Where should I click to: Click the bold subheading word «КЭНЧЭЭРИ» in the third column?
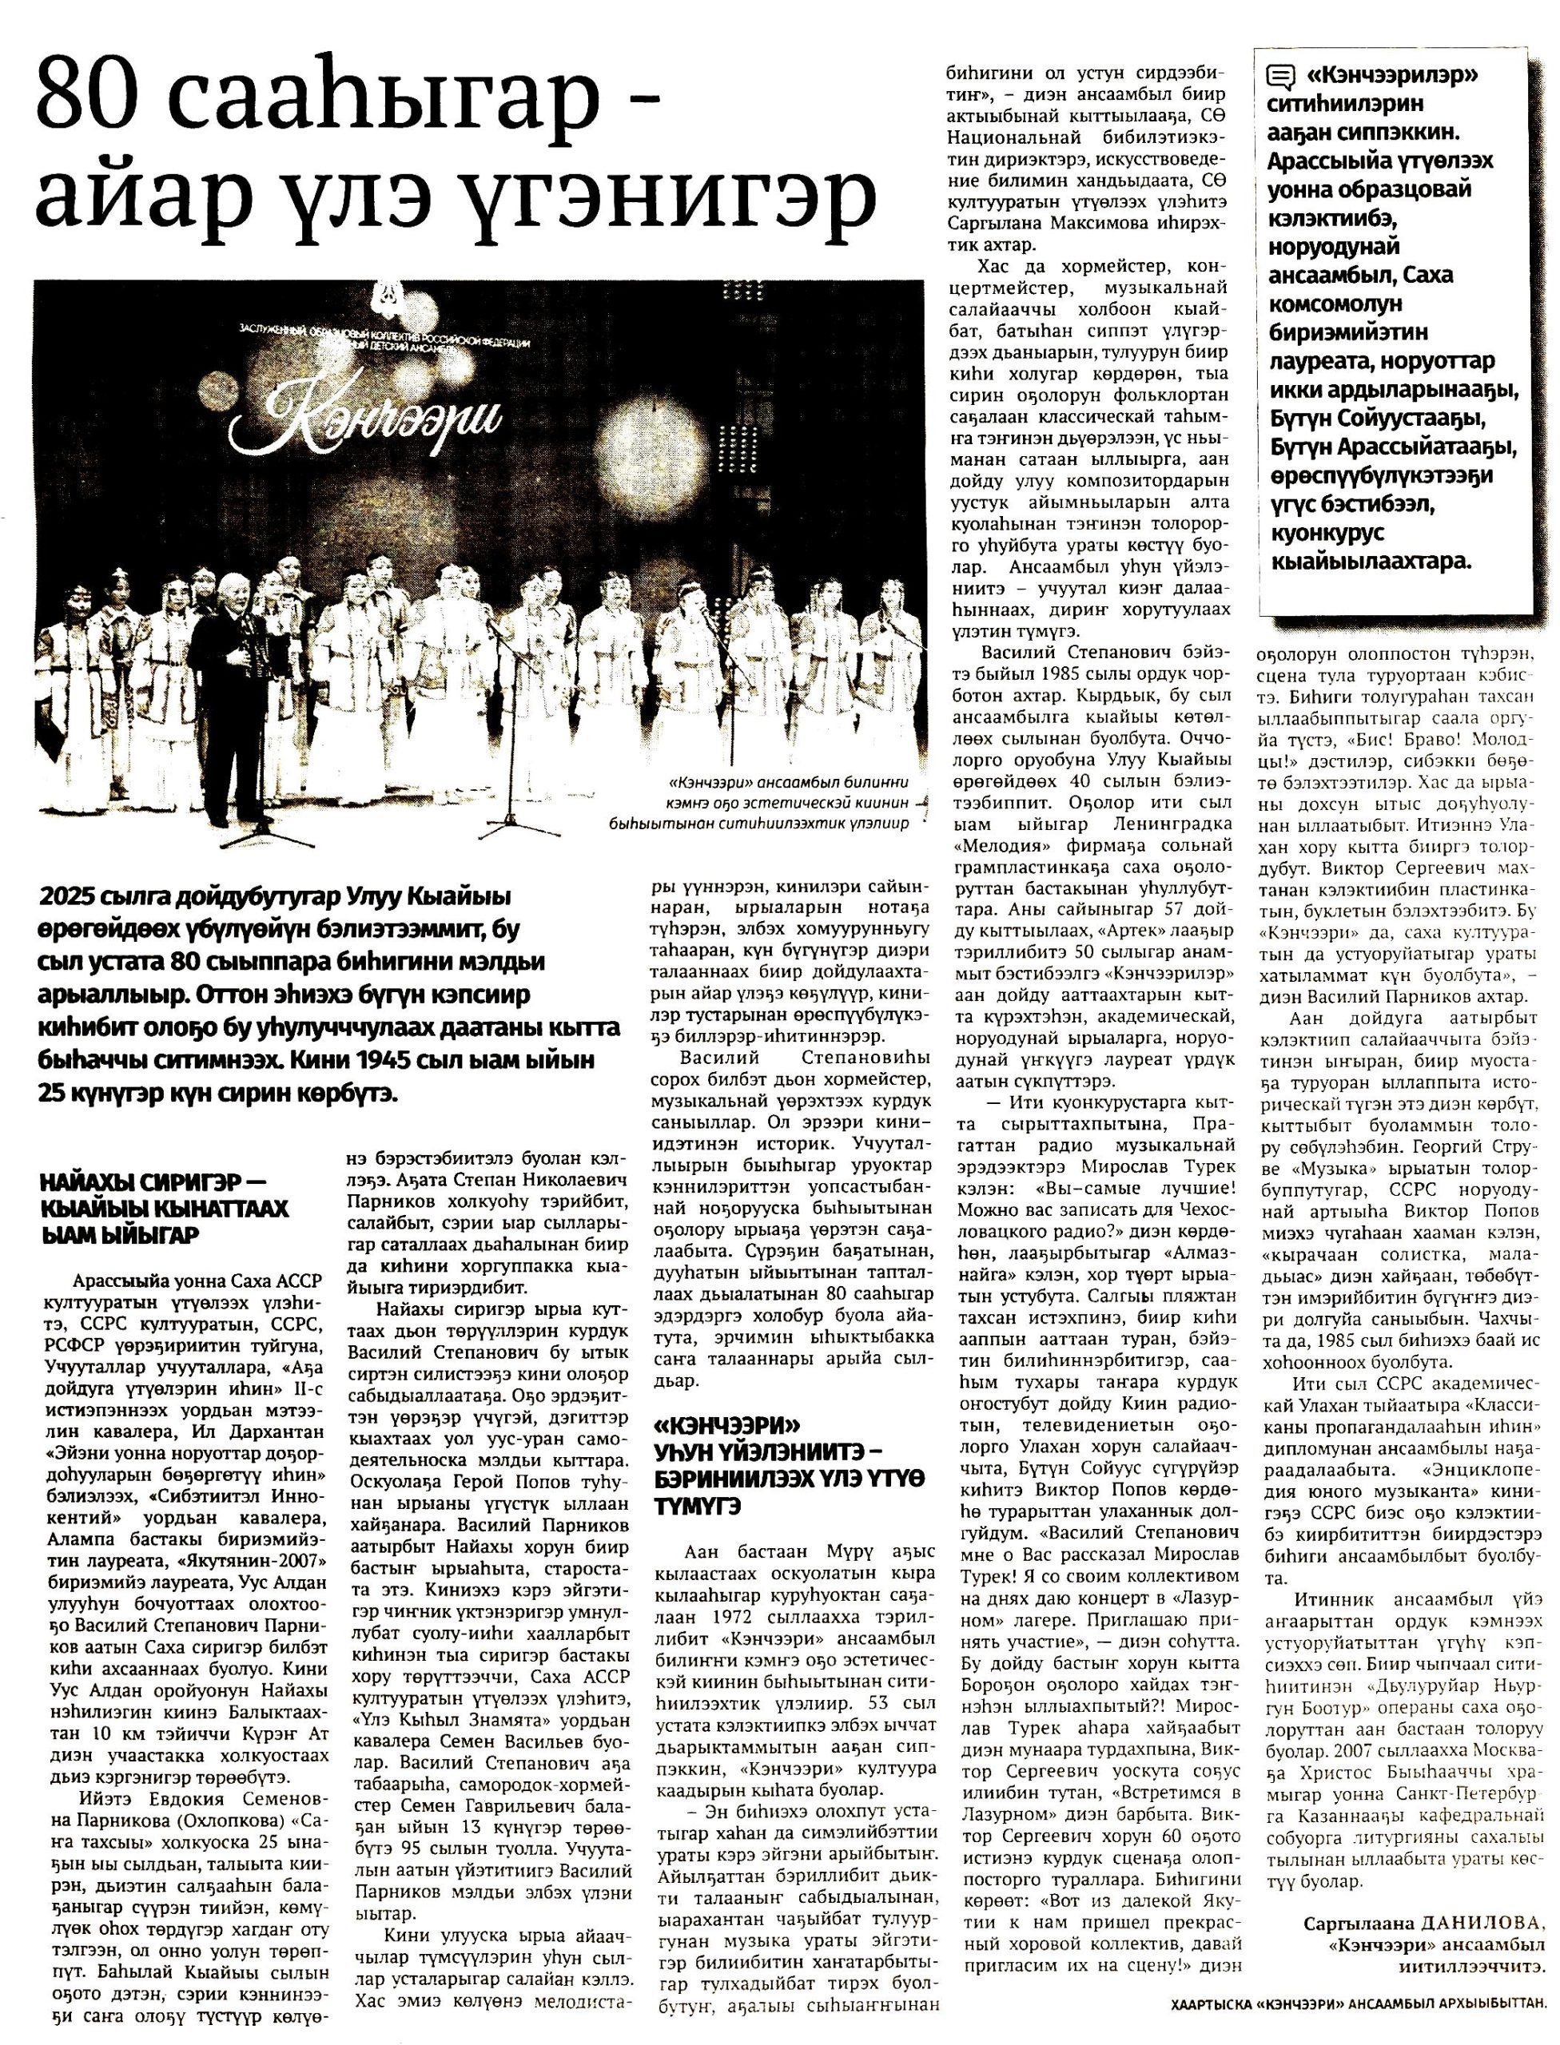click(727, 1426)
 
